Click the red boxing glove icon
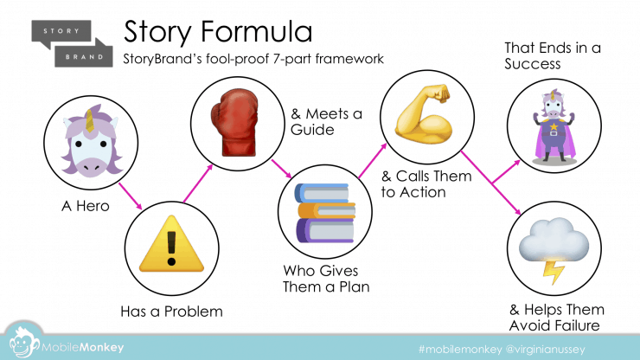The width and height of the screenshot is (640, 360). (235, 123)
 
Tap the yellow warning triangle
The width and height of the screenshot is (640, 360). (171, 244)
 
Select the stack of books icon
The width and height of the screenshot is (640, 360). (325, 213)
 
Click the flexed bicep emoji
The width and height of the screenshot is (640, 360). (424, 114)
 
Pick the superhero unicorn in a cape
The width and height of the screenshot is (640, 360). (554, 125)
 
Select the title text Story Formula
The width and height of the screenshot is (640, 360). (218, 31)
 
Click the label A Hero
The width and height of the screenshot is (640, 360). (86, 206)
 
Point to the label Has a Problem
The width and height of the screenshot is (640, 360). (171, 312)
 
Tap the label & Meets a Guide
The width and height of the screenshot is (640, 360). (327, 121)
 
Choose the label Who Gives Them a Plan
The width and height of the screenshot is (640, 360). (326, 279)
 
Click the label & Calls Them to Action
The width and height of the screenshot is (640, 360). (426, 183)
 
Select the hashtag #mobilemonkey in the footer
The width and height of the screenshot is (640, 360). (460, 350)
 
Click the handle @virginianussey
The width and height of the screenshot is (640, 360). (546, 350)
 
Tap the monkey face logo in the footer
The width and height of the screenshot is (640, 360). (23, 343)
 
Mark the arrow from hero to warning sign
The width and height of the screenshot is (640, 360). (131, 196)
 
